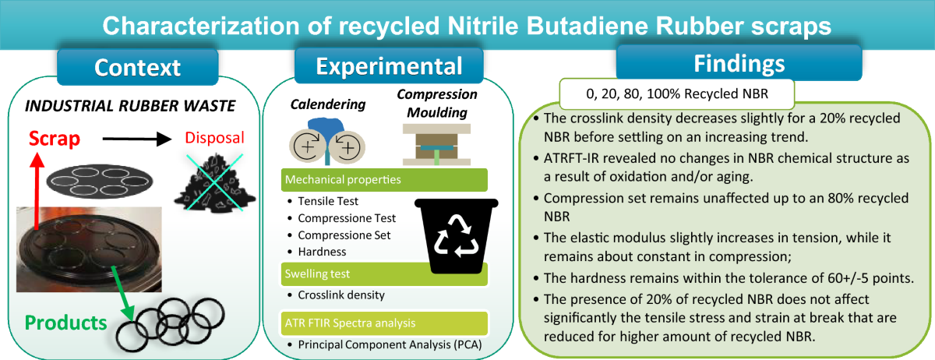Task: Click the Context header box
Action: point(138,67)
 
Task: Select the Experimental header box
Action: point(389,65)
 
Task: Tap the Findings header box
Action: point(739,62)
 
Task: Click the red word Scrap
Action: point(55,138)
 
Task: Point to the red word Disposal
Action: point(214,137)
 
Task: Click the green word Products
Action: point(66,323)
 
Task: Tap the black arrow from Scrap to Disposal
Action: point(137,139)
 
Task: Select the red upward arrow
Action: point(37,191)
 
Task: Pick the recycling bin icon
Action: point(457,236)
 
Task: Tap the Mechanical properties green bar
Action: point(384,179)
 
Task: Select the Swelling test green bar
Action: point(384,274)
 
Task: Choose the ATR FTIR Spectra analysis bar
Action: point(384,323)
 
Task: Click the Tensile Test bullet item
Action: point(323,201)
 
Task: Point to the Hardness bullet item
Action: point(317,252)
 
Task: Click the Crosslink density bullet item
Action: point(337,295)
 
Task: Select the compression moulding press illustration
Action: point(436,144)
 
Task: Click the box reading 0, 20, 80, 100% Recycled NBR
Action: point(676,94)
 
